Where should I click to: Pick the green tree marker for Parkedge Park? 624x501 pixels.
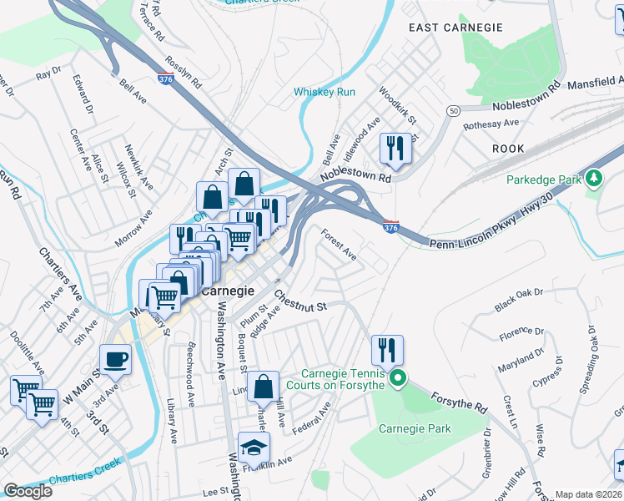pyautogui.click(x=594, y=179)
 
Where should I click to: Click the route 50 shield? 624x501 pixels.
pyautogui.click(x=453, y=111)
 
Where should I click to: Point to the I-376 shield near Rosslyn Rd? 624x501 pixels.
pyautogui.click(x=164, y=79)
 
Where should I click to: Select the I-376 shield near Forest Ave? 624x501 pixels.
pyautogui.click(x=390, y=227)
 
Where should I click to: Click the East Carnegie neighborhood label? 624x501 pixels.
pyautogui.click(x=455, y=28)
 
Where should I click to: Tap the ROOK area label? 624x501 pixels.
pyautogui.click(x=507, y=149)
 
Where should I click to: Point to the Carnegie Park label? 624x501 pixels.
pyautogui.click(x=415, y=429)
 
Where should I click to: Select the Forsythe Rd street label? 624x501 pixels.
pyautogui.click(x=459, y=399)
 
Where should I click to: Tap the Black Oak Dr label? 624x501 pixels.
pyautogui.click(x=518, y=300)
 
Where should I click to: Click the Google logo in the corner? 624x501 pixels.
pyautogui.click(x=28, y=491)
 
